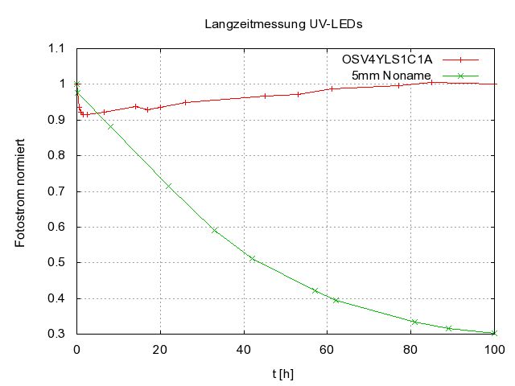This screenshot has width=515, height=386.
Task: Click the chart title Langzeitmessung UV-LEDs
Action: (x=284, y=24)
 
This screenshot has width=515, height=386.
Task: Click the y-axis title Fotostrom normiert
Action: (x=22, y=191)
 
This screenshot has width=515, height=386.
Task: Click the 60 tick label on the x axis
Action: (x=327, y=350)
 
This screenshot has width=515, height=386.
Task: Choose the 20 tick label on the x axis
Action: (x=160, y=350)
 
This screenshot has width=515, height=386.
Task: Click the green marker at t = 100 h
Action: (x=494, y=333)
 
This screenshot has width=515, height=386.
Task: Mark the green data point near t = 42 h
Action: (x=252, y=258)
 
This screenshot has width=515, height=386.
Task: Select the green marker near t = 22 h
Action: (x=168, y=186)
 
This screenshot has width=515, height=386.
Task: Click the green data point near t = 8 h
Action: (x=110, y=126)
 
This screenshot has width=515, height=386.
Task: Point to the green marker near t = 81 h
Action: (x=414, y=322)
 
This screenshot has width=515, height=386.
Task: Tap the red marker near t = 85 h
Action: (x=431, y=82)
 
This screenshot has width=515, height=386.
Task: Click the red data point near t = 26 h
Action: (x=185, y=102)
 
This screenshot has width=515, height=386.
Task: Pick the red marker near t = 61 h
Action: (x=332, y=88)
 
